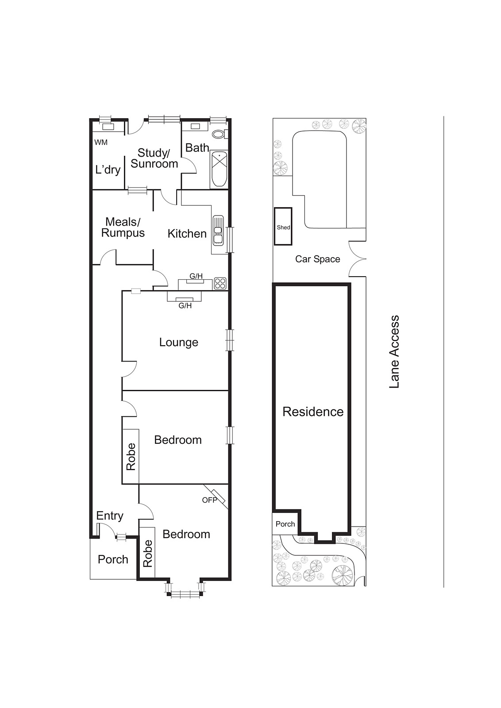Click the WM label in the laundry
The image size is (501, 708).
(101, 142)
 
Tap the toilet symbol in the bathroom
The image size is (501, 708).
(219, 134)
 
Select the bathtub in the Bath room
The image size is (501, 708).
(219, 169)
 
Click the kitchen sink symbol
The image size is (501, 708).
(218, 230)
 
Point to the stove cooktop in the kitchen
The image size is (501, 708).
(220, 283)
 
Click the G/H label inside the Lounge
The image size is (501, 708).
(185, 305)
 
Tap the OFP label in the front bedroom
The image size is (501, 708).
(209, 500)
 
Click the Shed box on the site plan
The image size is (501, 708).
(283, 227)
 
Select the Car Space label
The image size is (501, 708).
(317, 259)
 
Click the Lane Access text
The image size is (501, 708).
(394, 352)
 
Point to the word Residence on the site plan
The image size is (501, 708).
(313, 412)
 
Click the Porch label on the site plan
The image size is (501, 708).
(285, 524)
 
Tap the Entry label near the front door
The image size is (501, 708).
(110, 516)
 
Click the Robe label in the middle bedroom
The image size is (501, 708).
(131, 457)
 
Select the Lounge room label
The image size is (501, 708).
(178, 342)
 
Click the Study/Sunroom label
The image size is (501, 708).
(154, 158)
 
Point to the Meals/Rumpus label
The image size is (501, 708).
(123, 227)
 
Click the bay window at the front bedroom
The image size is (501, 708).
(185, 593)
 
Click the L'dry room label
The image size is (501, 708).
(108, 169)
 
